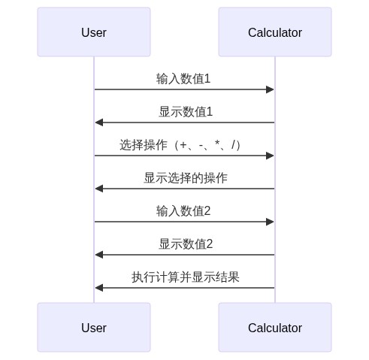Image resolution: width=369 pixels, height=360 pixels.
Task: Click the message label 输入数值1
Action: coord(183,78)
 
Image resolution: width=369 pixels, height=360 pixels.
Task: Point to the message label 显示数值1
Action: coord(185,111)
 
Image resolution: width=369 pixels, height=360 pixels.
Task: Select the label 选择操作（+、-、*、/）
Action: coord(183,144)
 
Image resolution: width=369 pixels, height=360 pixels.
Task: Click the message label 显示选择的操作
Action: coord(185,177)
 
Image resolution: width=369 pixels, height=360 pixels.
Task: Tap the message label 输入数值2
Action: coord(183,210)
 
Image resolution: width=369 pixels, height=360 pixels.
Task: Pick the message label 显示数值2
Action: coord(185,244)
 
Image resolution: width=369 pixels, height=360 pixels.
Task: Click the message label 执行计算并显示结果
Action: coord(185,277)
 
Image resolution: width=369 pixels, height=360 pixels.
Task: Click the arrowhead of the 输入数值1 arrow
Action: coord(271,89)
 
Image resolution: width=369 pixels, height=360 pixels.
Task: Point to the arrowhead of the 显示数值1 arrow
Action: coord(98,123)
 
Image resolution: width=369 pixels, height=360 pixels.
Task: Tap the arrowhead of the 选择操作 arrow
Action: coord(271,156)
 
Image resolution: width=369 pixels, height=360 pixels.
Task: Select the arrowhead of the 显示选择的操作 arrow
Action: coord(98,189)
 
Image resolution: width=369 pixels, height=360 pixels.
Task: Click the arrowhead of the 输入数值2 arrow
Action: coord(271,222)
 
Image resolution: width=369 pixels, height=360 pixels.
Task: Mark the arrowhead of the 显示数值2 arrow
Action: coord(98,255)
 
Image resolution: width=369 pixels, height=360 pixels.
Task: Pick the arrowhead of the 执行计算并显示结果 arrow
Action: coord(98,288)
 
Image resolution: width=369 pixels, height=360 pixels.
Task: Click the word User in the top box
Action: coord(94,32)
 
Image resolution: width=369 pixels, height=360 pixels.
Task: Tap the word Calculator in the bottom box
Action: coord(274,328)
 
